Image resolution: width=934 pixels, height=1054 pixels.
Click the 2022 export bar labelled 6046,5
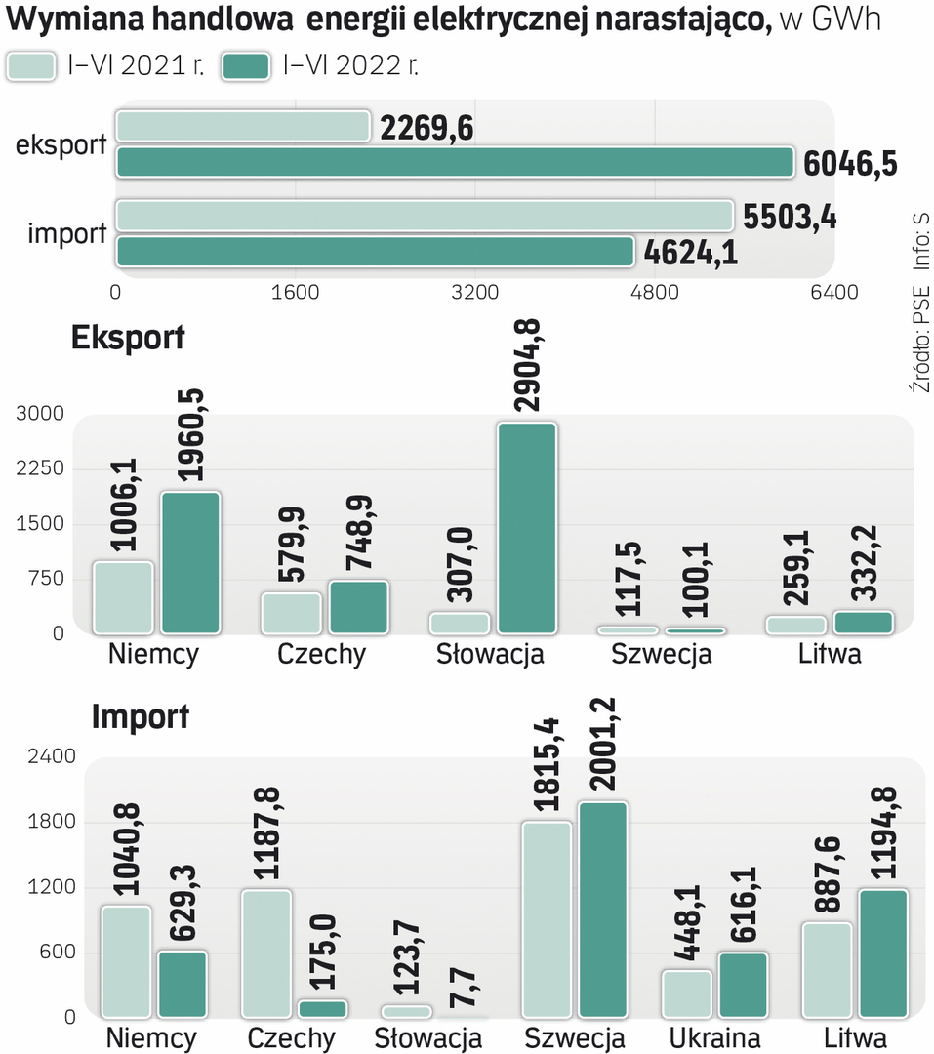(454, 163)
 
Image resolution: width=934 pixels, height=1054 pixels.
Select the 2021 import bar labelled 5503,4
(424, 216)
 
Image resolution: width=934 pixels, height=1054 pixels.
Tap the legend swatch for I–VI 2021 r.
(30, 66)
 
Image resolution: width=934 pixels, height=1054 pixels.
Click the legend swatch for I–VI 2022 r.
(246, 66)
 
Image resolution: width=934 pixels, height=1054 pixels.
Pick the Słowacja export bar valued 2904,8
(527, 528)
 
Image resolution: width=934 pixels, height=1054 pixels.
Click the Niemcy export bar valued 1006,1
(123, 597)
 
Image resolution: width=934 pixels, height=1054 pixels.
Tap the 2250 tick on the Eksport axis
(40, 469)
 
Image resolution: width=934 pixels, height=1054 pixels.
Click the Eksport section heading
(128, 338)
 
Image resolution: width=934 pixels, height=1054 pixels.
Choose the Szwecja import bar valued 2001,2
(602, 910)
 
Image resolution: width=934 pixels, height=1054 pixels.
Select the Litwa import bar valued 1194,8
(884, 953)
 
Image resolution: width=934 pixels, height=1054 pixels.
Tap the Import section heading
(141, 717)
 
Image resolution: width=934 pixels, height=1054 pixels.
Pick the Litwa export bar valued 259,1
(795, 625)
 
